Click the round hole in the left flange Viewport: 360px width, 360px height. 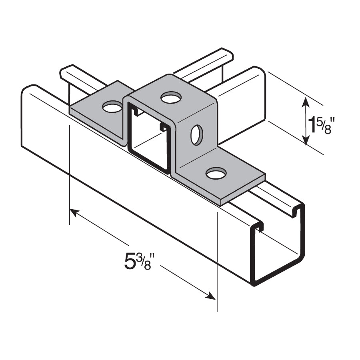coord(112,107)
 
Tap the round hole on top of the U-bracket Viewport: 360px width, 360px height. coord(171,97)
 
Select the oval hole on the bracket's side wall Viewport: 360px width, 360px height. coord(196,135)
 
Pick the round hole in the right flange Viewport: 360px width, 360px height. coord(216,173)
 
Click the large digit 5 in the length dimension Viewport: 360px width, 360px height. coord(130,262)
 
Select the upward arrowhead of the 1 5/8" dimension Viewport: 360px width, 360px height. coord(306,100)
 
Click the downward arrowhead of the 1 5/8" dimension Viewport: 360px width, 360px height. coord(306,140)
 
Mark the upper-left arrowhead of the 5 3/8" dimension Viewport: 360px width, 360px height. coord(74,212)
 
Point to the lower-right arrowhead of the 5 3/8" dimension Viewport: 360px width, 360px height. coord(210,296)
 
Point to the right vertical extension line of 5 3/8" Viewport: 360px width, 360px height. coord(217,260)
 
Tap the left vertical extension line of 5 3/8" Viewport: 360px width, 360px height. coord(70,172)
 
